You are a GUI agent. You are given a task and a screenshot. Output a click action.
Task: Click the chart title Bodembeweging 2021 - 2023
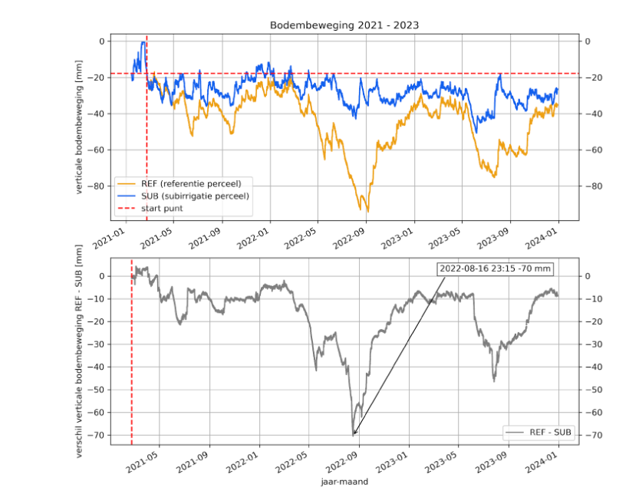(344, 25)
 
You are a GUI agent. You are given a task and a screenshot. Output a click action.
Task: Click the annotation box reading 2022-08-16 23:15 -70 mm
(496, 268)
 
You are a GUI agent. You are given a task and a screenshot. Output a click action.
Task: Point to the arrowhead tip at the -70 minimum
(354, 435)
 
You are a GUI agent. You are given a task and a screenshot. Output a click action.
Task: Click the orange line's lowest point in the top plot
(368, 211)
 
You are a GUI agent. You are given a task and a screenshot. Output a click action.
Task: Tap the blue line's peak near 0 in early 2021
(143, 42)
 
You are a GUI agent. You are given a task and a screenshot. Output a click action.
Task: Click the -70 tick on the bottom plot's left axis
(95, 436)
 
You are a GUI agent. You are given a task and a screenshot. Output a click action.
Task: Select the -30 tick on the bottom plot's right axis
(593, 344)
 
